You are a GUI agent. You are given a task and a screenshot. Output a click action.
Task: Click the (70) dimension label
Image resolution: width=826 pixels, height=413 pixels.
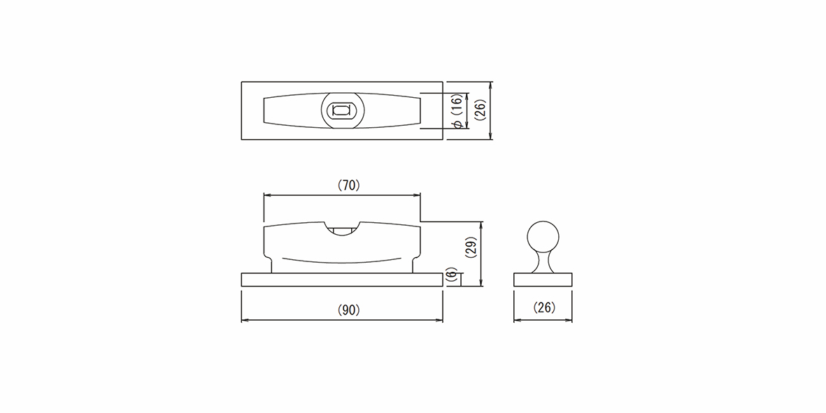click(x=348, y=185)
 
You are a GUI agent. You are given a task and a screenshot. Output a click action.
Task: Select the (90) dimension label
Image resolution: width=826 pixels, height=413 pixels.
click(x=348, y=310)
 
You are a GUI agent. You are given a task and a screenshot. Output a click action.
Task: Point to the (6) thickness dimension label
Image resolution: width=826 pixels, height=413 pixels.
click(x=451, y=276)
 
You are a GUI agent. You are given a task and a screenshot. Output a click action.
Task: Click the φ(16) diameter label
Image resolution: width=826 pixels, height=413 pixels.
click(x=457, y=110)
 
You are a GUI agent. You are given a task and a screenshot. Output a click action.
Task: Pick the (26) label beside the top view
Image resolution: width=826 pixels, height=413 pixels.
click(x=480, y=110)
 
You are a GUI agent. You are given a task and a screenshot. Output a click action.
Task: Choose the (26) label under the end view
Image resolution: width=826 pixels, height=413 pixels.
click(x=543, y=307)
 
